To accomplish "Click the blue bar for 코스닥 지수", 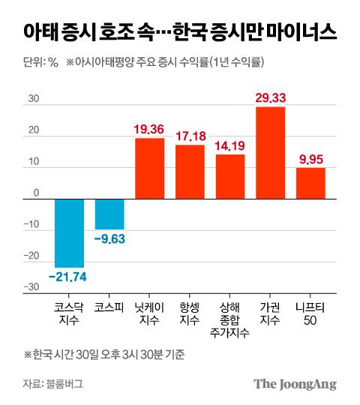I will click(x=69, y=233).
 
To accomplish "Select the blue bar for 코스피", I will click(x=109, y=214).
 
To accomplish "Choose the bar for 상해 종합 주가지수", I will click(x=230, y=177).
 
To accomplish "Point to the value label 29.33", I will click(x=270, y=97).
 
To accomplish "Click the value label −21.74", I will click(x=69, y=277).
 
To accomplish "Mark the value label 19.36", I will click(x=149, y=129).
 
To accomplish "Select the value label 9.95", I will click(x=310, y=158).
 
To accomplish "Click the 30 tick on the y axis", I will click(x=33, y=97).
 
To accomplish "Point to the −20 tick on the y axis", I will click(x=31, y=256).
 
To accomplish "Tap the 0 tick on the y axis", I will click(x=34, y=193).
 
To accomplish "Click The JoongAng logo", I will click(x=294, y=384).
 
